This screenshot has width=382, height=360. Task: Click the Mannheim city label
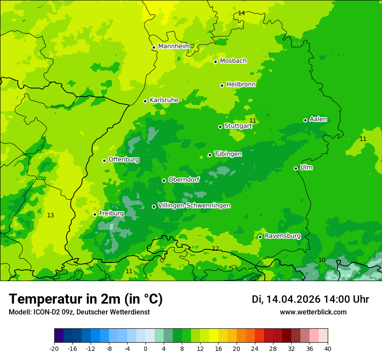[174, 46]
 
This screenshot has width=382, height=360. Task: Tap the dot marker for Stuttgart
[220, 127]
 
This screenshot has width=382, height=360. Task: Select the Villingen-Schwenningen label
[194, 206]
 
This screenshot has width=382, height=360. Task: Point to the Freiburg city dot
[95, 214]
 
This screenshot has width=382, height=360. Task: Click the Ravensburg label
[283, 236]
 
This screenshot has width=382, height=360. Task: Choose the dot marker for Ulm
[296, 168]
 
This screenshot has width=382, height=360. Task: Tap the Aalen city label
[318, 119]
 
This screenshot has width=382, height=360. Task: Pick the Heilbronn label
[241, 85]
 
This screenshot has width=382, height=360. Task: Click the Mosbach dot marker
[215, 62]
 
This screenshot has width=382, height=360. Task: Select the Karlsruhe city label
[164, 100]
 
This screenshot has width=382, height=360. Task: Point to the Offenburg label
[124, 160]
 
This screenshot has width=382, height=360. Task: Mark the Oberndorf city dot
[164, 180]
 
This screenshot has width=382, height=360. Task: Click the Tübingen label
[228, 154]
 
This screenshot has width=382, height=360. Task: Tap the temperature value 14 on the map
[241, 13]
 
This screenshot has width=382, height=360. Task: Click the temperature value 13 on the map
[50, 215]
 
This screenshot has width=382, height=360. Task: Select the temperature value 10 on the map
[322, 260]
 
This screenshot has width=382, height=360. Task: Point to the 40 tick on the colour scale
[328, 349]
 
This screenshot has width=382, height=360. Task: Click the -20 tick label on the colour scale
[54, 349]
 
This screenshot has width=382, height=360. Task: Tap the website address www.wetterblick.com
[313, 312]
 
